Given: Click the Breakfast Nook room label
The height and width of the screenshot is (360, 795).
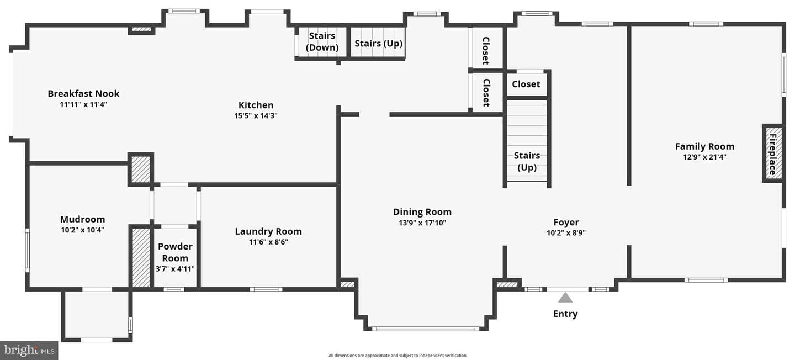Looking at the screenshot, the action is [83, 93].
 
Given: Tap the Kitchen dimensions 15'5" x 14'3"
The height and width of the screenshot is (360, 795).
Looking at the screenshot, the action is [256, 116].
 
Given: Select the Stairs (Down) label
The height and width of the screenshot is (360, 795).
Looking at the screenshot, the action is [322, 41].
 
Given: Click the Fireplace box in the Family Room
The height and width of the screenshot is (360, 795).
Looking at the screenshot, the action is [773, 153].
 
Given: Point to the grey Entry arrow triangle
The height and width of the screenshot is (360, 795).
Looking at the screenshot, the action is [565, 298].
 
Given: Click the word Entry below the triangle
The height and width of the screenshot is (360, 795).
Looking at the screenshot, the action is [565, 314].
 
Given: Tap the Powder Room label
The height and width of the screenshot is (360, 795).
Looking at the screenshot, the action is [175, 252].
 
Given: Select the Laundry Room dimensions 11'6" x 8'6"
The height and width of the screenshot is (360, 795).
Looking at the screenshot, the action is [268, 242].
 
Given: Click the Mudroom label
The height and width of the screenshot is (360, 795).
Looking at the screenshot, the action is [82, 219].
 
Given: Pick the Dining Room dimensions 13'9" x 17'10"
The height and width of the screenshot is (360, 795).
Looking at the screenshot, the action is [422, 223].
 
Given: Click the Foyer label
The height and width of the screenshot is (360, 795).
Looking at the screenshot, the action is [566, 223].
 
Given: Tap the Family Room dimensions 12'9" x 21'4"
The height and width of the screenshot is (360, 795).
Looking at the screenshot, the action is [704, 157].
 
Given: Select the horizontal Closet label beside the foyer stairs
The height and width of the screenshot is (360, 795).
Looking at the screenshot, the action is [526, 84].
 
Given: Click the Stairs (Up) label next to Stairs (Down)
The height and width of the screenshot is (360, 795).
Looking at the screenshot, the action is [378, 43].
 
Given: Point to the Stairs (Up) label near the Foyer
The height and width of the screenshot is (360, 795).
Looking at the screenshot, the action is [527, 161].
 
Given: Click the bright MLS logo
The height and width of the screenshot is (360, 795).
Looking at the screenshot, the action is [29, 351].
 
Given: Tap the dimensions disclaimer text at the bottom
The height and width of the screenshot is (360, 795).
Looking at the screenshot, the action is [397, 356].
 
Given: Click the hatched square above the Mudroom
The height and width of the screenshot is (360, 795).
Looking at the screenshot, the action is [141, 170].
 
